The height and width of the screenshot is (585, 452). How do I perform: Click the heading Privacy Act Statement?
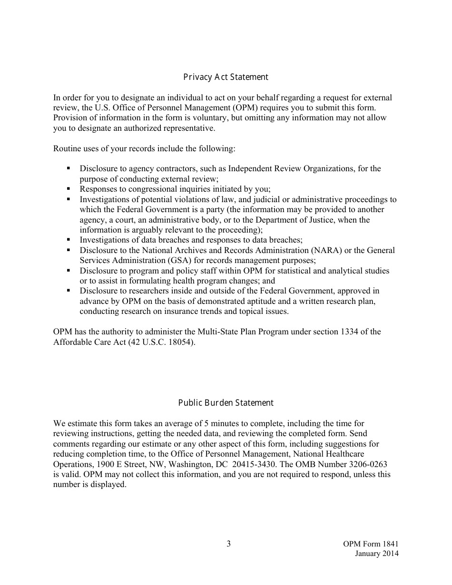[x=226, y=77]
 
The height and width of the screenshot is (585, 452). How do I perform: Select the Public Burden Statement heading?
[x=226, y=403]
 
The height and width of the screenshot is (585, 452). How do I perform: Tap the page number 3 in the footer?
[x=228, y=544]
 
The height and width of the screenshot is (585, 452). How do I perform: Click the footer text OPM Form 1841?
[x=371, y=544]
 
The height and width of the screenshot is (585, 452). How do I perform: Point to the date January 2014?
[x=376, y=554]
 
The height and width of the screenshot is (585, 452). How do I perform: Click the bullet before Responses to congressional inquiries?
[x=69, y=189]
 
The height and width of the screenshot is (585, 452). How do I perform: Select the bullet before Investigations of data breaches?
[x=69, y=240]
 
